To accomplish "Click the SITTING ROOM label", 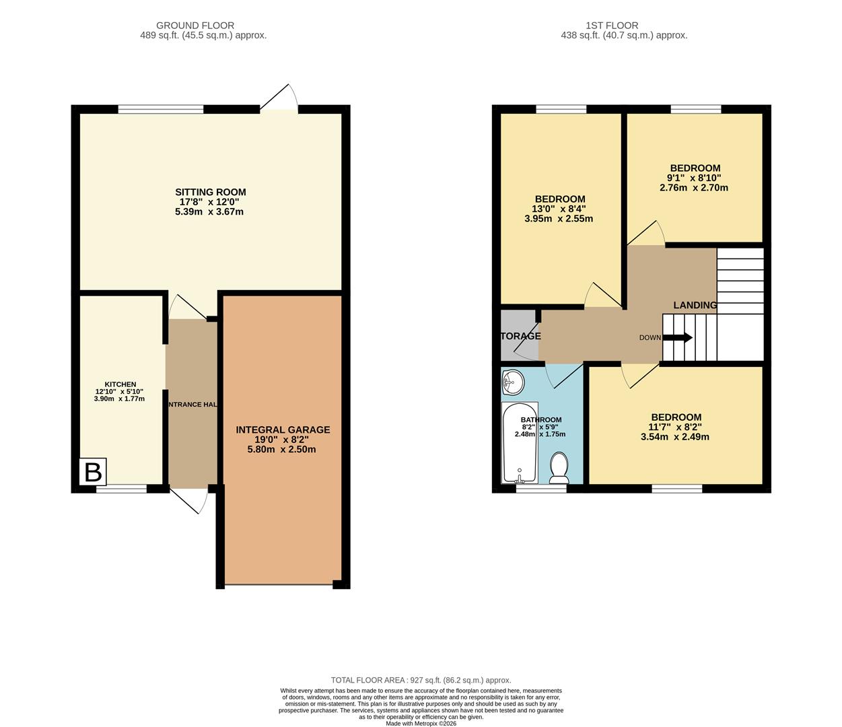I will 211,192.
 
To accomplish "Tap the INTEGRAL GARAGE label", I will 283,429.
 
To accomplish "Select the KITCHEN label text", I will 120,384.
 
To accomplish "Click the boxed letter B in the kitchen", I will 93,472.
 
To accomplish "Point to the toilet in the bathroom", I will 559,467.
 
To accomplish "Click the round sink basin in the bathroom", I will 513,383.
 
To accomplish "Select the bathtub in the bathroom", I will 520,443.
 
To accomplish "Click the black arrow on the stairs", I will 678,338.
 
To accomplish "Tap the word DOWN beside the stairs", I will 650,338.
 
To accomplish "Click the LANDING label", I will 695,305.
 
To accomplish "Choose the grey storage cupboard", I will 519,335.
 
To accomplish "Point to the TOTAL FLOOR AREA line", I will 421,681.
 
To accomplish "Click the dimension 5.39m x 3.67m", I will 209,212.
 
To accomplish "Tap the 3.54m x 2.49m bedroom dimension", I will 675,437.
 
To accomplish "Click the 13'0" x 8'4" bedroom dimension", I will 559,209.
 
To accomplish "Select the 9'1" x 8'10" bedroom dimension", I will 695,178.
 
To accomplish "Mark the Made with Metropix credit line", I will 421,724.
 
